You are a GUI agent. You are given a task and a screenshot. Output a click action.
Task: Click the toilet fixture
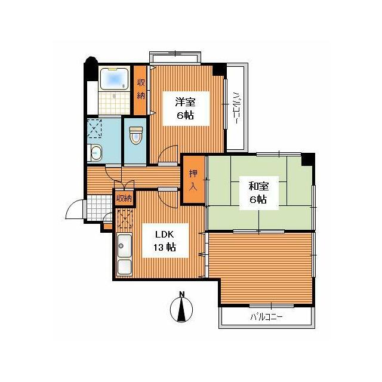coord(135,135)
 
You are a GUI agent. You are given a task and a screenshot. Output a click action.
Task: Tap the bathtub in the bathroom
coord(114,79)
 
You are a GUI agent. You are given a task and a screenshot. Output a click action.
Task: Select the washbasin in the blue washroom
coord(95,153)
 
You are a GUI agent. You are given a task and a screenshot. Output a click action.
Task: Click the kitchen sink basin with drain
coord(124,246)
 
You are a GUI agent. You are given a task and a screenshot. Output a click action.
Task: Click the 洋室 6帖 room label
coord(186,109)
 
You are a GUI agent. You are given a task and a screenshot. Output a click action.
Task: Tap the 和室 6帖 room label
coord(258,193)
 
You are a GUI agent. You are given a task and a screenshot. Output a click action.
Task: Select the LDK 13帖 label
coord(165,241)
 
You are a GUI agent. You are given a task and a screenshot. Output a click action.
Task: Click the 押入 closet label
coord(193,180)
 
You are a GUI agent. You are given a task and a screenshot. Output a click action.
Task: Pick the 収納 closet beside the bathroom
coord(141,89)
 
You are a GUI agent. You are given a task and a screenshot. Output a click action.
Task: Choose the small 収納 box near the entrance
coord(124,198)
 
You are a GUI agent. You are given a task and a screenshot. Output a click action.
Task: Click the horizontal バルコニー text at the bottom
coord(266,317)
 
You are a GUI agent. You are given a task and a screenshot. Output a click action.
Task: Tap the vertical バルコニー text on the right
coord(236,107)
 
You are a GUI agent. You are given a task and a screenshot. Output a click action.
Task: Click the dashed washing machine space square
coord(94,128)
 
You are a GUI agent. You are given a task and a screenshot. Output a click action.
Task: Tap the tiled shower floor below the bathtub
coord(114,103)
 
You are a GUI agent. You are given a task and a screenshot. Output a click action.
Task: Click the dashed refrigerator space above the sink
coord(125,218)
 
